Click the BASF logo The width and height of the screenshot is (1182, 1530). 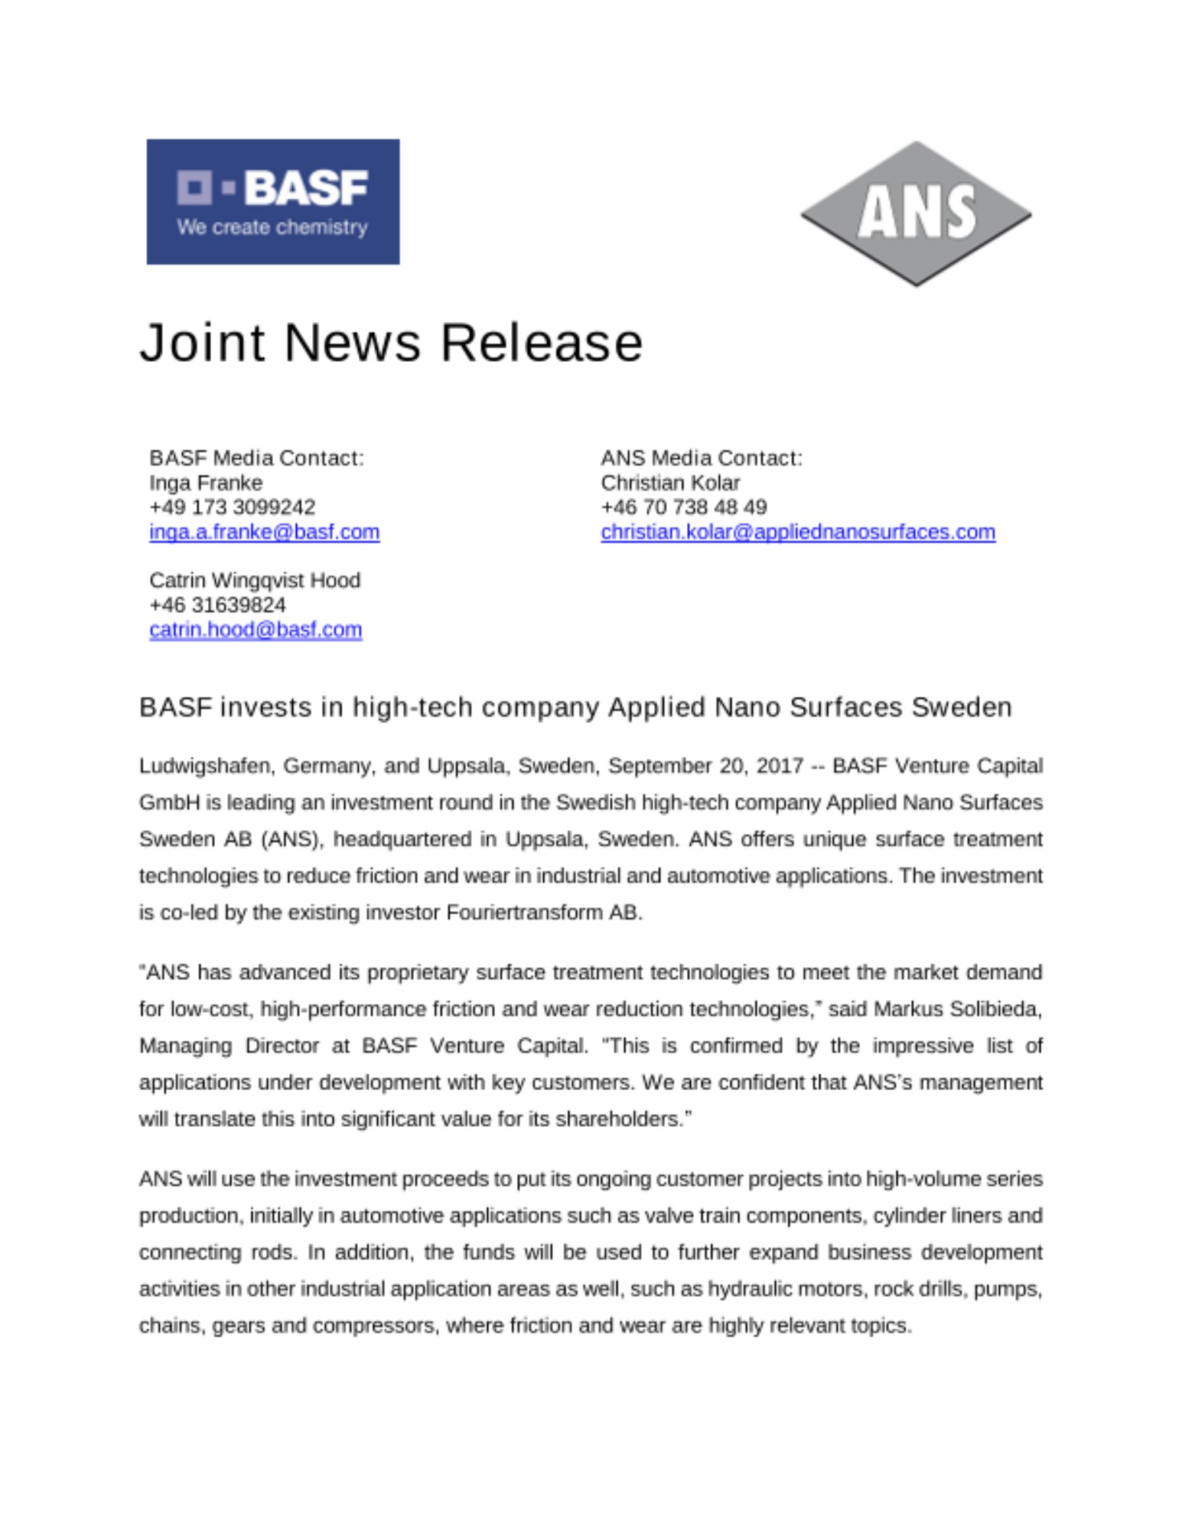tap(272, 202)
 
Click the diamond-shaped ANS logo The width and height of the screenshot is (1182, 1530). tap(916, 213)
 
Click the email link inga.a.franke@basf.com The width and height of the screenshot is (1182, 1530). tap(264, 532)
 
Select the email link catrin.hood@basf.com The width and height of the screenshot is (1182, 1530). tap(256, 630)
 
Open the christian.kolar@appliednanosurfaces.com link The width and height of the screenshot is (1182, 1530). tap(798, 532)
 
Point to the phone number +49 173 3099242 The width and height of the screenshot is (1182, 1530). tap(232, 508)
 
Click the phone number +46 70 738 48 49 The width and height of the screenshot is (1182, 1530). tap(683, 508)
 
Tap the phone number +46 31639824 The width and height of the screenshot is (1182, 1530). tap(217, 606)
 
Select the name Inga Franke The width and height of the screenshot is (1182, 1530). tap(206, 483)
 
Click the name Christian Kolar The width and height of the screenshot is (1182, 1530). tap(670, 483)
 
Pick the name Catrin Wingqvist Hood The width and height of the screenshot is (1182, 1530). tap(255, 581)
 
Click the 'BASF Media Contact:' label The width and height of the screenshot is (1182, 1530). tap(256, 458)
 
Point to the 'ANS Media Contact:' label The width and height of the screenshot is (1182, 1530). tap(702, 458)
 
